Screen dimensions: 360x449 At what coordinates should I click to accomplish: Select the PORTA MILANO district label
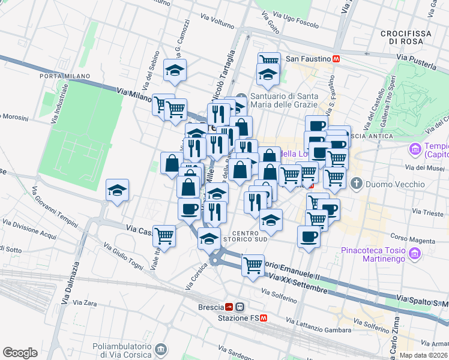click(x=65, y=76)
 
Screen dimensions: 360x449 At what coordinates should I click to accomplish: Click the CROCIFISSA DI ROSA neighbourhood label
click(x=406, y=37)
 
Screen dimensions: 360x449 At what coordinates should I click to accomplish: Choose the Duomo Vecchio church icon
click(x=356, y=182)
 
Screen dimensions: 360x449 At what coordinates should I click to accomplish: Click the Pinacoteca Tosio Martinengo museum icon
click(x=414, y=255)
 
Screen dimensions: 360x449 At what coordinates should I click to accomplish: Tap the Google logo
click(x=20, y=353)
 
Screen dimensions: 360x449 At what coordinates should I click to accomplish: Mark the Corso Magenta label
click(x=412, y=238)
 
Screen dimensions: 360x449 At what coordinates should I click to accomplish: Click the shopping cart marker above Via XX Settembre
click(x=253, y=263)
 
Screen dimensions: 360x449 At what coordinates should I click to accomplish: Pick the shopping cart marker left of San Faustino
click(x=269, y=60)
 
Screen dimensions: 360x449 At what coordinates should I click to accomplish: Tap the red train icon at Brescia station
click(x=228, y=306)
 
